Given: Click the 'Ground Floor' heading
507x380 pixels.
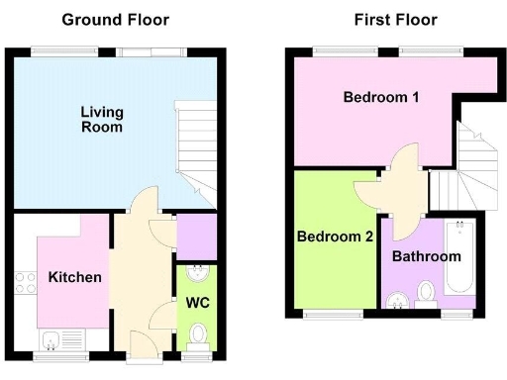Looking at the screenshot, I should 115,20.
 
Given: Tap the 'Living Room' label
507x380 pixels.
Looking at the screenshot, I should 102,119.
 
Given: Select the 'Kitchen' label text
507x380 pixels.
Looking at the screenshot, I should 74,277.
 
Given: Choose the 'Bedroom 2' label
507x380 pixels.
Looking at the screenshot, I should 335,237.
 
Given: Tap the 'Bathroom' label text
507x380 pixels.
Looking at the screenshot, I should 426,256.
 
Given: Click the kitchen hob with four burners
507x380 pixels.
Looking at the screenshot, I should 25,281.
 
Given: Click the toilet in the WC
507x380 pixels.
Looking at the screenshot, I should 198,334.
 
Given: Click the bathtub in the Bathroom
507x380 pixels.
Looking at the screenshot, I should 461,257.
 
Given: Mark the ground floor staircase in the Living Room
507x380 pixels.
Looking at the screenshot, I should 196,148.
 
